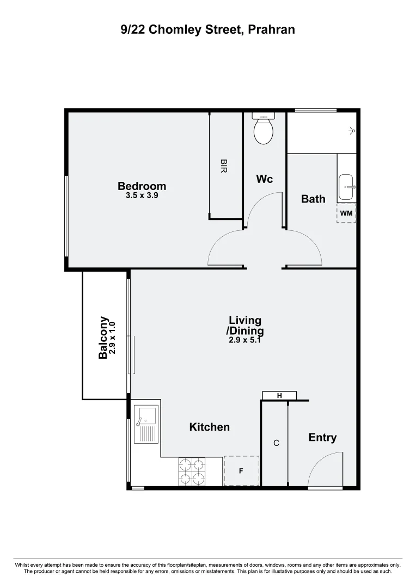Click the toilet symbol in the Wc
point(265,131)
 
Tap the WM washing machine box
point(346,213)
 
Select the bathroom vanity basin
point(346,187)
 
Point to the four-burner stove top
point(192,471)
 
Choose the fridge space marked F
point(241,471)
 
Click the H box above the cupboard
point(279,396)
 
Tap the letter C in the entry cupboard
point(276,443)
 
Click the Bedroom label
point(142,187)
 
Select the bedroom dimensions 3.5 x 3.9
point(142,196)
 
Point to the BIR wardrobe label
point(223,166)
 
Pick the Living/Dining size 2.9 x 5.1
point(245,340)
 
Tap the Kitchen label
point(209,427)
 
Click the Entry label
point(322,438)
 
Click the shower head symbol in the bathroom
point(352,131)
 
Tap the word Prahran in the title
point(271,30)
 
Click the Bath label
point(313,199)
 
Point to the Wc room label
point(264,179)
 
